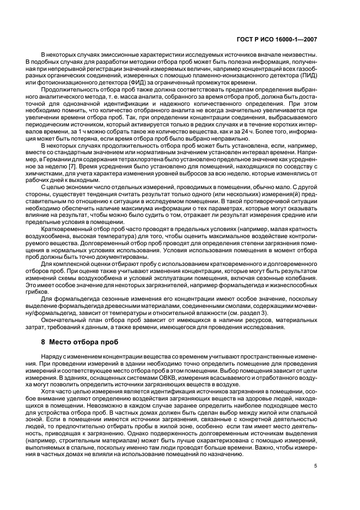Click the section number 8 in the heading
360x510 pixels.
pos(44,343)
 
